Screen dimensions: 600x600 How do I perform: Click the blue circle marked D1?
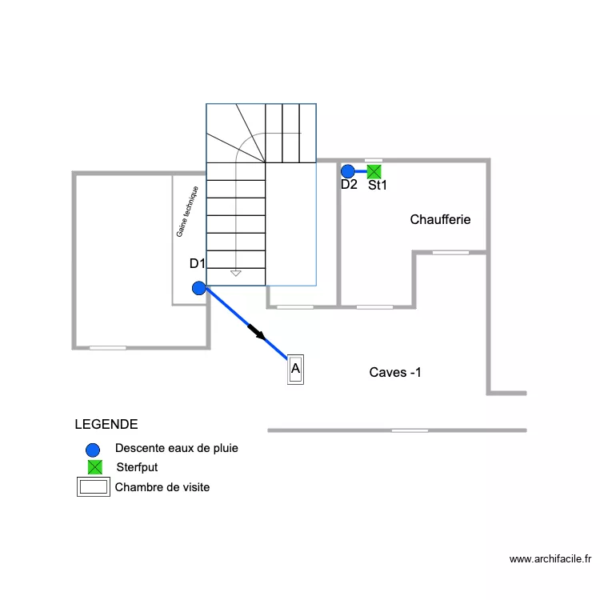point(199,289)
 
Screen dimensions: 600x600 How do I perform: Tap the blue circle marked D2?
point(348,171)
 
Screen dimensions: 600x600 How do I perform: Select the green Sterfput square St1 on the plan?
point(374,170)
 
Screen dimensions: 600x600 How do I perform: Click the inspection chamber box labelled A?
point(295,370)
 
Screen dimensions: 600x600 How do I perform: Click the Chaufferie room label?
point(440,219)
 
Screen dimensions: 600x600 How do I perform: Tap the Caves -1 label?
point(395,372)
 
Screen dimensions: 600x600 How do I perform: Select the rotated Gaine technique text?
point(187,212)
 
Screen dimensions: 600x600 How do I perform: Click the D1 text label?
point(198,263)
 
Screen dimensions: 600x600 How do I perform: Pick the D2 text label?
point(349,185)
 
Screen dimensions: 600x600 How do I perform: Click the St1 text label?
point(378,186)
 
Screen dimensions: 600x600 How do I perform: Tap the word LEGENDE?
point(106,424)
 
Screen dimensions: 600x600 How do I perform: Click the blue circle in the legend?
point(94,449)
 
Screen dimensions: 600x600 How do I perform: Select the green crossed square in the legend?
point(94,467)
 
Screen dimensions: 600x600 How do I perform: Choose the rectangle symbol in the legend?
point(93,487)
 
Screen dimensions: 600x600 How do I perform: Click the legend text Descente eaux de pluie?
point(177,448)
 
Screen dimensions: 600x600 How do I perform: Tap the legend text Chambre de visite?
point(162,486)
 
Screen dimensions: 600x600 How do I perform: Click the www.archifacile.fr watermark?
point(550,560)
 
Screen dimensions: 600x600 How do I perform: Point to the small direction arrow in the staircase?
point(235,273)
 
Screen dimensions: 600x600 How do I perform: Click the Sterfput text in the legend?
point(137,467)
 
